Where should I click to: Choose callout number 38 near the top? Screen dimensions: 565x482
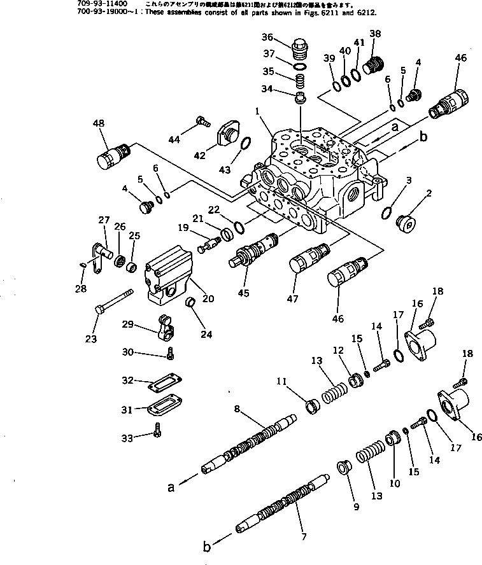374,34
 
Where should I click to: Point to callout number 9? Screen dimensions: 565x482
356,507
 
